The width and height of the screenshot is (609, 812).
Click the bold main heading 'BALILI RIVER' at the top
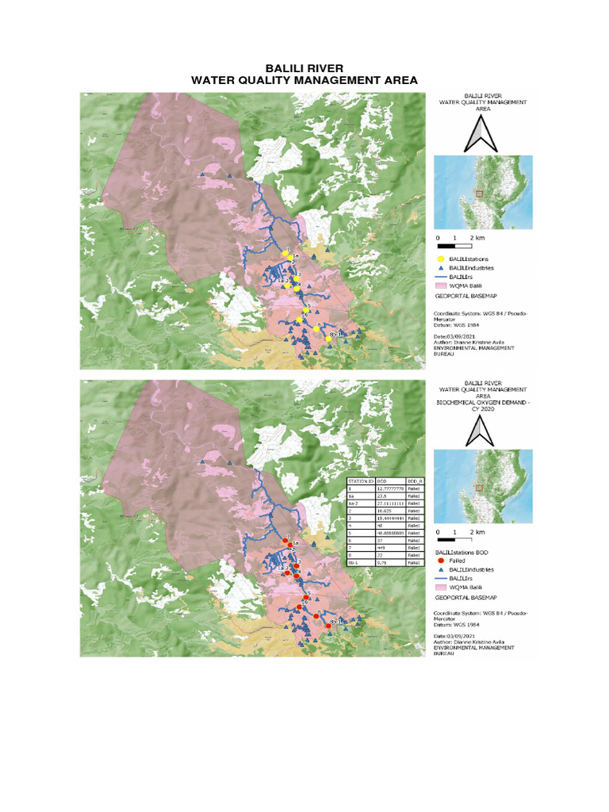[x=304, y=69]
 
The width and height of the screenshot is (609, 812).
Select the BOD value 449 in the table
[x=386, y=547]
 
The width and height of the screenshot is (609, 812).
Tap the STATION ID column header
[x=361, y=481]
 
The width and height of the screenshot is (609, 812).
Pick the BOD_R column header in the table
[x=414, y=481]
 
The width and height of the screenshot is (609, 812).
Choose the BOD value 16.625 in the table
[x=386, y=511]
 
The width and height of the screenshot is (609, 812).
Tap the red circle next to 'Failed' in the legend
[x=441, y=560]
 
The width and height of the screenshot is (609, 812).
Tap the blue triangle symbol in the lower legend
[x=441, y=569]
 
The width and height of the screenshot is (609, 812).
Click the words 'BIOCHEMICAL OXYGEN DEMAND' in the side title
[x=483, y=403]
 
